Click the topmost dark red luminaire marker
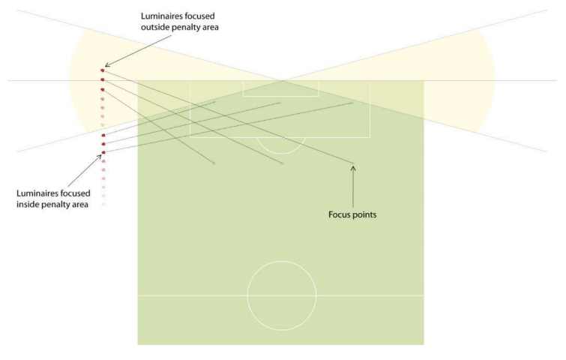(x=103, y=70)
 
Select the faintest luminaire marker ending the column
(x=103, y=205)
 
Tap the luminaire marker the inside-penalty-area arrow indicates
(x=103, y=153)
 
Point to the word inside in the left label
(x=28, y=204)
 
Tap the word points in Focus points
(x=364, y=214)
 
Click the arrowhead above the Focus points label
(x=353, y=168)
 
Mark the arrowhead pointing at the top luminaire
(x=107, y=65)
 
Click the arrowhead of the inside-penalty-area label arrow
(x=99, y=157)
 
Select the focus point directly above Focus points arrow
(x=353, y=163)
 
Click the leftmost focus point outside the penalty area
(x=214, y=163)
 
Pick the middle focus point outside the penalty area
(x=283, y=163)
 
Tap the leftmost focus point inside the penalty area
(x=214, y=102)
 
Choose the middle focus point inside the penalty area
(x=280, y=103)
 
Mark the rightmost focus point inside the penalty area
(x=352, y=103)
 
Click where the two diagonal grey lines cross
(x=283, y=80)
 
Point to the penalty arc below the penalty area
(x=281, y=154)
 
